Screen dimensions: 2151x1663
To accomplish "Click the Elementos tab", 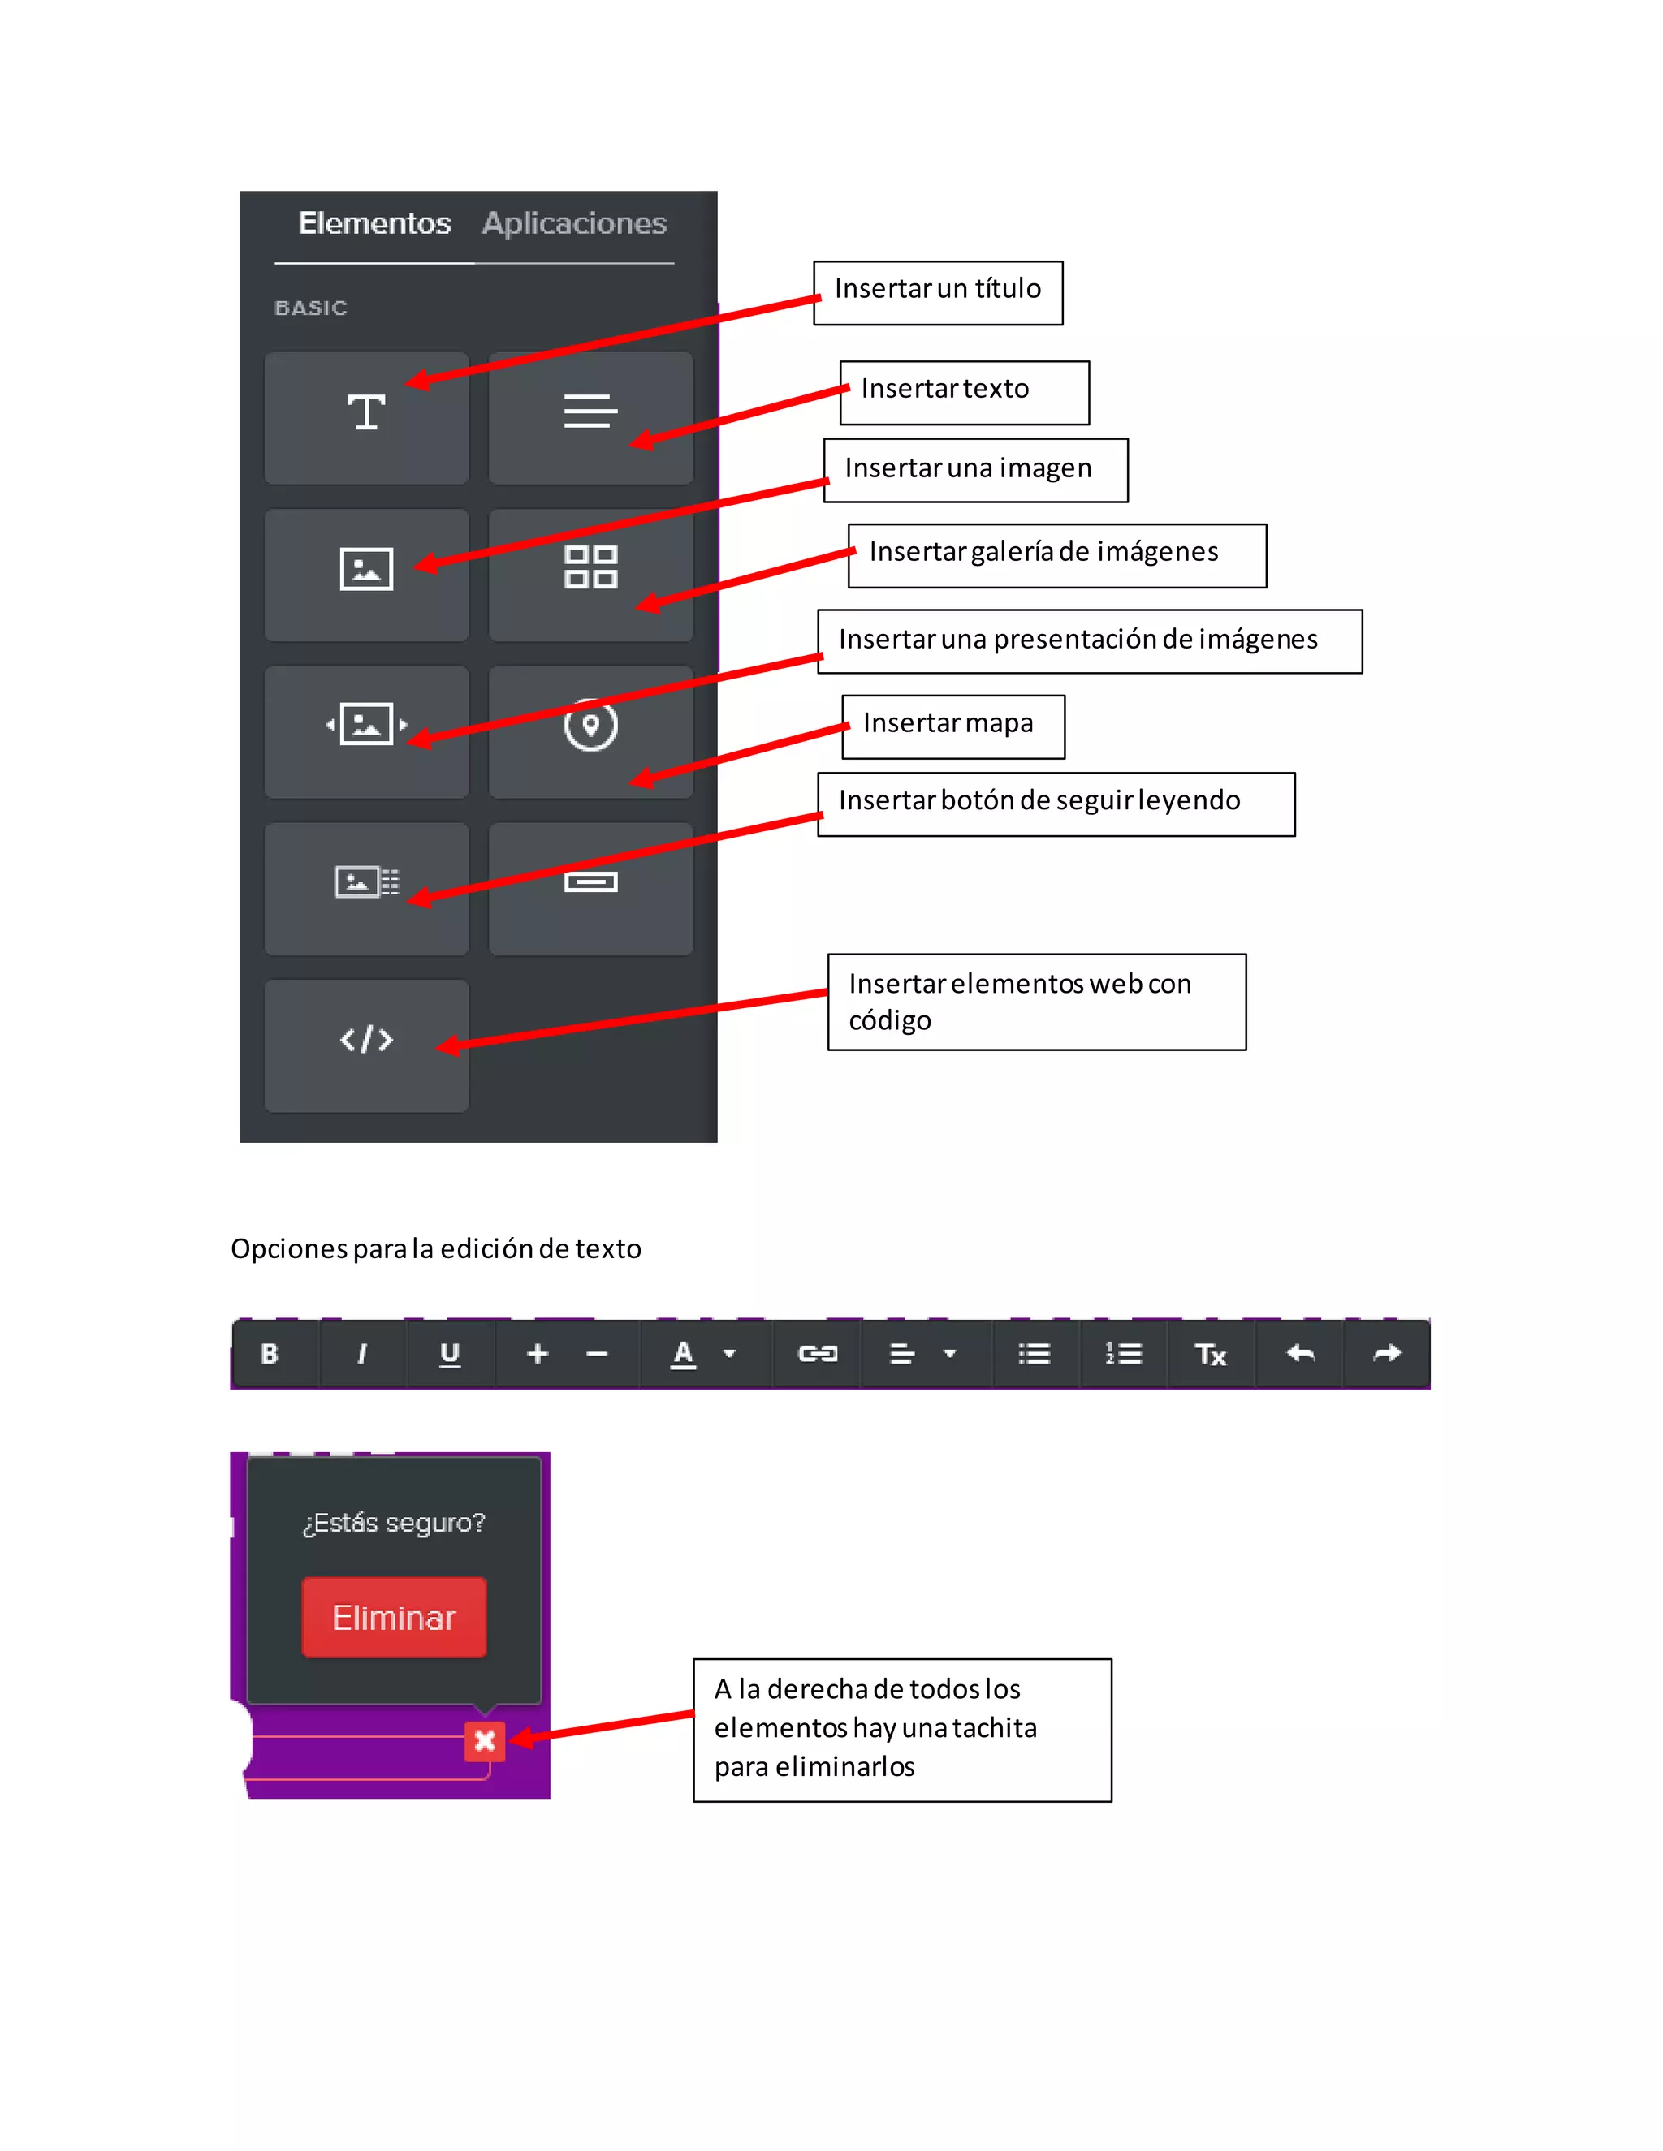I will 374,223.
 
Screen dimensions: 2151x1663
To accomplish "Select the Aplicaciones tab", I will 573,223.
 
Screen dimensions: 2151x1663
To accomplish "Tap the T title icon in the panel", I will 365,412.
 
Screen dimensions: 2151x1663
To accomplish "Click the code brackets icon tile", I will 366,1040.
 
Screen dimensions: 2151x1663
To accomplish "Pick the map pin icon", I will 590,726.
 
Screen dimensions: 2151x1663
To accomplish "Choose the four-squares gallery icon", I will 590,567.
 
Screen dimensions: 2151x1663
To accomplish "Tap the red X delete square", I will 485,1741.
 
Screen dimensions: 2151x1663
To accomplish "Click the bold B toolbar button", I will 269,1354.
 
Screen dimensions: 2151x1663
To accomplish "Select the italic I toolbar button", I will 361,1354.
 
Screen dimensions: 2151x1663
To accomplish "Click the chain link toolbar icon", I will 817,1354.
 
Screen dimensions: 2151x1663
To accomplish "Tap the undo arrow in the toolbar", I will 1301,1354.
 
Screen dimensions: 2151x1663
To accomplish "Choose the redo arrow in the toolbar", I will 1387,1354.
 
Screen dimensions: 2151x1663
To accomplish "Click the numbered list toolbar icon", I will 1123,1354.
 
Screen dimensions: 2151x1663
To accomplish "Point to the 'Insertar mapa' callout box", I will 952,726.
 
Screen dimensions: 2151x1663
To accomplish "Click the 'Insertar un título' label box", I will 937,292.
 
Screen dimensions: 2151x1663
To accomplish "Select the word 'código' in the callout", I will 890,1020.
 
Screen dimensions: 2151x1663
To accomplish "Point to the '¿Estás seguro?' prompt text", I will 394,1523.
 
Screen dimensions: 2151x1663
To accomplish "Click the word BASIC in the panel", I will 310,308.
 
